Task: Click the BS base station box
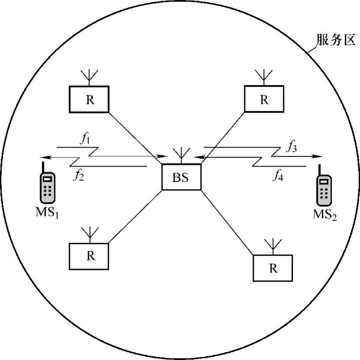coord(181,177)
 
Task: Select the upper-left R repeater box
coord(89,99)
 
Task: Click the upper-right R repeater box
coord(264,99)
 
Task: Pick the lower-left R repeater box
coord(89,256)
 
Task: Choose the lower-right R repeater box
coord(272,268)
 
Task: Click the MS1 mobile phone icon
coord(48,187)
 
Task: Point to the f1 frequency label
coord(84,140)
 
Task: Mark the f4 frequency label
coord(278,175)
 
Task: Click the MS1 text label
coord(48,213)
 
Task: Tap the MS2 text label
coord(325,214)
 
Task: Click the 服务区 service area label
coord(336,41)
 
